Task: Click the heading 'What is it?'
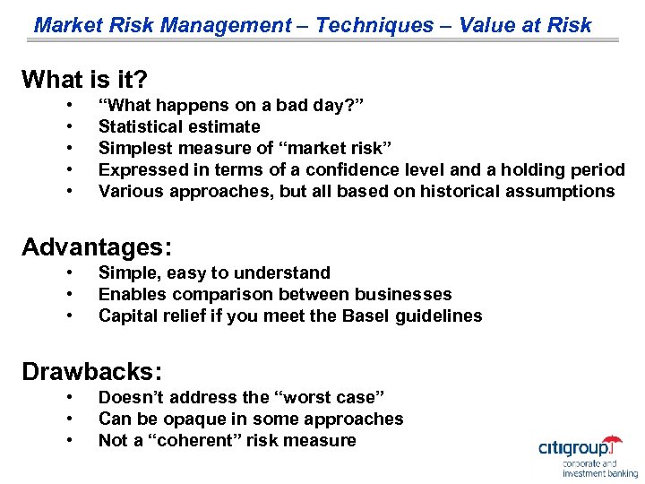84,80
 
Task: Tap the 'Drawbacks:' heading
92,371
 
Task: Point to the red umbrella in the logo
613,442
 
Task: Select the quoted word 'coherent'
196,440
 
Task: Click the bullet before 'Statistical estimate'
69,126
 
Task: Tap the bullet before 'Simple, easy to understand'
69,272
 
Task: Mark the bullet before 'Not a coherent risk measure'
69,440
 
